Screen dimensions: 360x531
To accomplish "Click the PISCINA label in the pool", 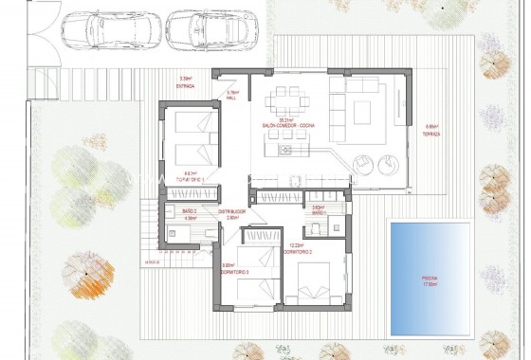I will point(430,278).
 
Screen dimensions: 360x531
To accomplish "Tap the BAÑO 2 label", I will point(190,210).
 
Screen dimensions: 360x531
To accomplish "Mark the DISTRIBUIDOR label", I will point(232,210).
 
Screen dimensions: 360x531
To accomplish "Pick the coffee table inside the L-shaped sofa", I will point(364,112).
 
